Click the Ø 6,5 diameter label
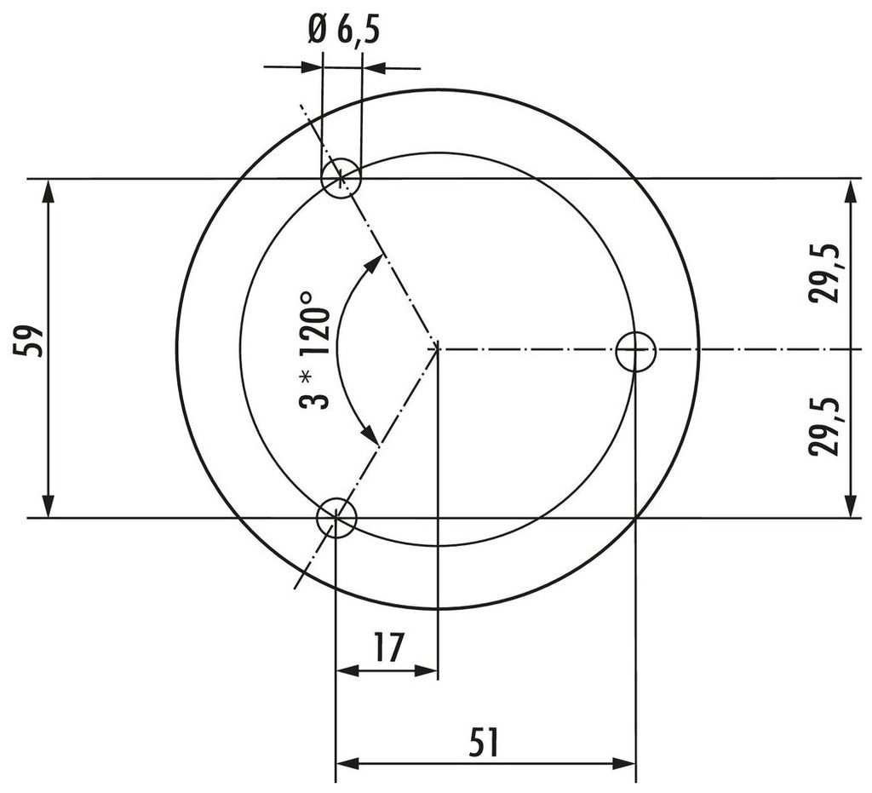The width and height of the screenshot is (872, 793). pos(344,32)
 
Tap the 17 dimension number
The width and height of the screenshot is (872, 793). pos(388,647)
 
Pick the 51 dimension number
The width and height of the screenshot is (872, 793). pos(484,742)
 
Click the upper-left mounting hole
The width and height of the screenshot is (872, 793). pos(341,178)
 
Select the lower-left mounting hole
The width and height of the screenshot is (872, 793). pos(336,518)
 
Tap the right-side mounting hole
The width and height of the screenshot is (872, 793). pos(636,351)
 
